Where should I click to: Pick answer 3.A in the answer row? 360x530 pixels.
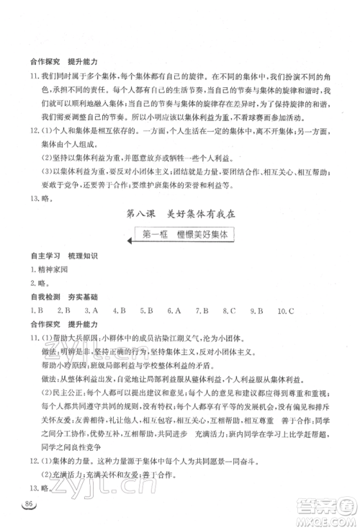coord(91,311)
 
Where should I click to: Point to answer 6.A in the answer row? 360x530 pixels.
coord(174,311)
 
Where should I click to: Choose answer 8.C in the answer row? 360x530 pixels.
coord(229,311)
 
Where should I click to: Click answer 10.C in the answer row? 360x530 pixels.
coord(287,311)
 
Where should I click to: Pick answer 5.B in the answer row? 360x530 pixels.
coord(146,311)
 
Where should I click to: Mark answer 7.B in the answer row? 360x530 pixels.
coord(201,311)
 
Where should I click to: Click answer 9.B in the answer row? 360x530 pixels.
coord(256,311)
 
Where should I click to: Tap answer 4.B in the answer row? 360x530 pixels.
coord(118,311)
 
